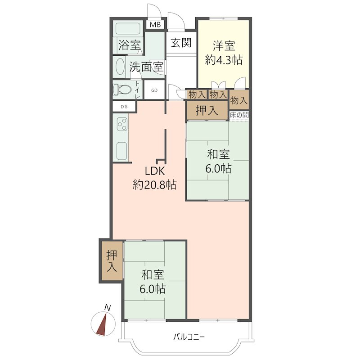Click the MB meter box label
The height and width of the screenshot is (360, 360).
point(155,25)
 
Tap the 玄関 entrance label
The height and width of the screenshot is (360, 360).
point(181,43)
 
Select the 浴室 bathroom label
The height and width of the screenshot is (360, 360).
point(130,45)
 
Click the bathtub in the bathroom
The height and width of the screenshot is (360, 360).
point(128,28)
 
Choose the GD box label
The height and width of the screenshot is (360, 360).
point(154,90)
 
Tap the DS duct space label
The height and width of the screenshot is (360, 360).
point(124,107)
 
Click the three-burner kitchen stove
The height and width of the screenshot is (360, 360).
point(122,124)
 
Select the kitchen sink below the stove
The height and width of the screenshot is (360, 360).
point(121,151)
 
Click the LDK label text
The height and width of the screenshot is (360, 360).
point(154,171)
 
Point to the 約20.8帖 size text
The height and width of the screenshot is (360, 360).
point(154,184)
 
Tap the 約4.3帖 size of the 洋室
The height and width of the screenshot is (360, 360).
point(224,60)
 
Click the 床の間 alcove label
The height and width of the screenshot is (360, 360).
point(239,115)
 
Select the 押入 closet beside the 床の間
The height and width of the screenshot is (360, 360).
point(207,110)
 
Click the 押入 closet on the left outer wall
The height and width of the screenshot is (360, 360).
point(112,261)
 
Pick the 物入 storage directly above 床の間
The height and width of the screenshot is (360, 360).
point(239,100)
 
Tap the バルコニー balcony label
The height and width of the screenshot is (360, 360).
point(189,337)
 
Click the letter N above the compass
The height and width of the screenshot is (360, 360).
point(107,307)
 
